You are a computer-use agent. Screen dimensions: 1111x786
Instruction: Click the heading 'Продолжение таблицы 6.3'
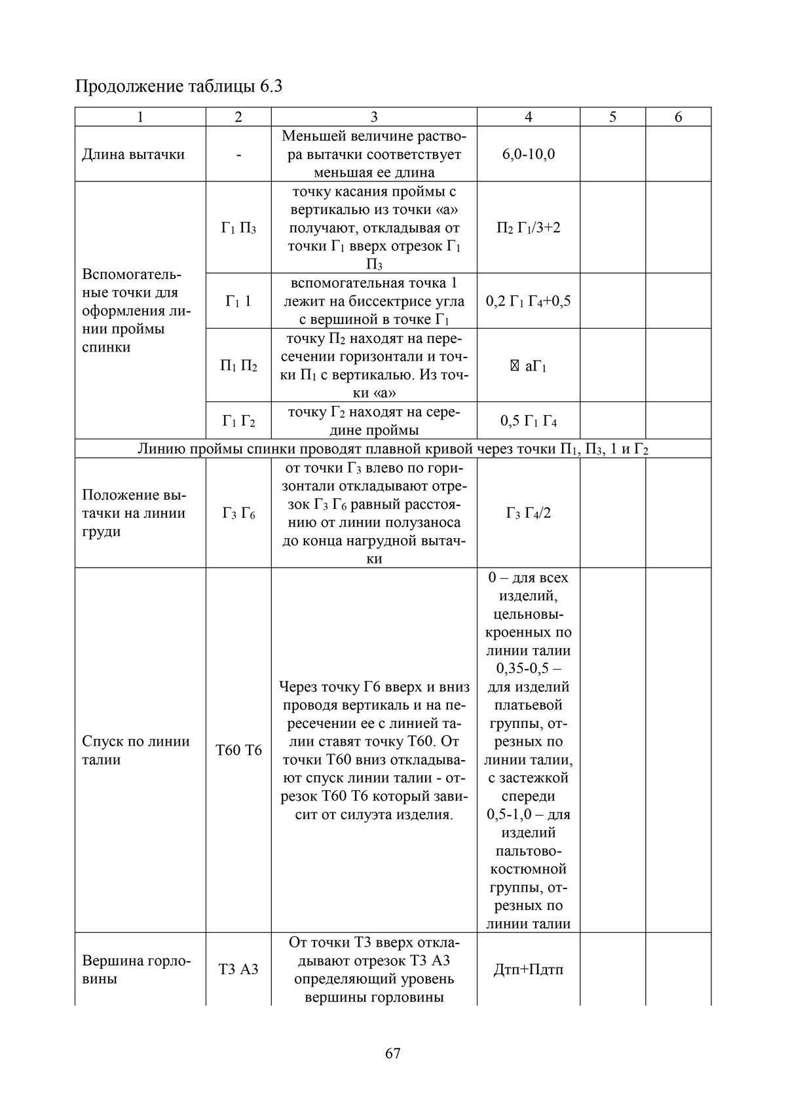[179, 86]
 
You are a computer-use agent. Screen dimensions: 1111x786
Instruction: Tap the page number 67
[393, 1053]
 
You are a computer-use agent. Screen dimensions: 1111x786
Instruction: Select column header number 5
[612, 117]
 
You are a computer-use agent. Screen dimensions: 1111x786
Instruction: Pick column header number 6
[678, 117]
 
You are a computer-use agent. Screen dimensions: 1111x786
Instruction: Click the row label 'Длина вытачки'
[133, 155]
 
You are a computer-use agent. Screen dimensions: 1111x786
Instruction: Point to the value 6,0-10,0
[528, 155]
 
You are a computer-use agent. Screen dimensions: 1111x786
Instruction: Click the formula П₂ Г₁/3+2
[528, 228]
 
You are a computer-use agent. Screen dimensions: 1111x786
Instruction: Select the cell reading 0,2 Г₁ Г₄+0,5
[528, 301]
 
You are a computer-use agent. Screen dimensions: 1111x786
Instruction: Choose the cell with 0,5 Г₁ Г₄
[528, 421]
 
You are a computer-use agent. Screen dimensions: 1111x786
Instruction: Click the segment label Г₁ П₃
[238, 228]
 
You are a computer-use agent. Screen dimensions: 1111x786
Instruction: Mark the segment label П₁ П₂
[238, 366]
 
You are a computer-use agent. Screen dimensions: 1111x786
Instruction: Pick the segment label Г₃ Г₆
[238, 513]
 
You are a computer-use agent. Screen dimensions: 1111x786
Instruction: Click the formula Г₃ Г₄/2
[528, 513]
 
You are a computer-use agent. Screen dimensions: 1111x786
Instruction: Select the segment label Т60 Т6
[238, 750]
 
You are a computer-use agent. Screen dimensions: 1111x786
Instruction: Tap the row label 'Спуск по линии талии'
[136, 750]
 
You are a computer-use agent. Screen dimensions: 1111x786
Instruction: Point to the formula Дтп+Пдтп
[528, 970]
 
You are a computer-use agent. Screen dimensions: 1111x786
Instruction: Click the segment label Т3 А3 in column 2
[238, 970]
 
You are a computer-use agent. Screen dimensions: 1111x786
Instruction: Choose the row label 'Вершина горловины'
[136, 970]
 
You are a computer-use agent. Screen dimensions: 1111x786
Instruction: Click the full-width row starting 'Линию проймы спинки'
[393, 448]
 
